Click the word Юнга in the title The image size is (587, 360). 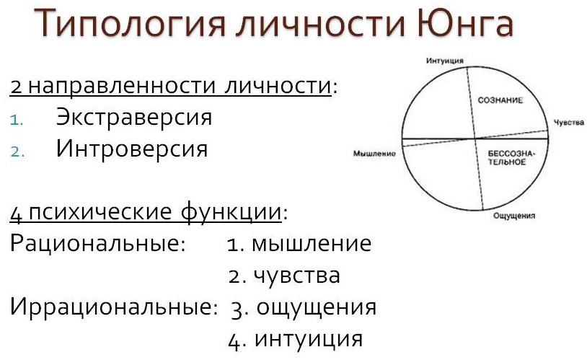[464, 22]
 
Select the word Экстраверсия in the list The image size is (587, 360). [134, 117]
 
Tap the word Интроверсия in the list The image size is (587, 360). [132, 149]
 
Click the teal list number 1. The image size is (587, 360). [17, 120]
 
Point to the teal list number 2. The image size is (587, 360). [17, 152]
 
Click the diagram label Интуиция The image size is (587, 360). [445, 61]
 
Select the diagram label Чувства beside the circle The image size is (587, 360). [569, 122]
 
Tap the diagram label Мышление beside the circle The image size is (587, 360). [374, 154]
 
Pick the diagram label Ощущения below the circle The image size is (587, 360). [514, 216]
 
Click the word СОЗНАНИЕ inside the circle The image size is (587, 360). [500, 100]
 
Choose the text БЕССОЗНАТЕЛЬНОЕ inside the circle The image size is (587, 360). [511, 158]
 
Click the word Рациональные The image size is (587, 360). [97, 243]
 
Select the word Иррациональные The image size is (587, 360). [114, 307]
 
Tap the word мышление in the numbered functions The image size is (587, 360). [312, 244]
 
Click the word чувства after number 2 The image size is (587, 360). [297, 276]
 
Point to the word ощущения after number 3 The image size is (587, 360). [317, 308]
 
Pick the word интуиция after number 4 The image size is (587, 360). [309, 339]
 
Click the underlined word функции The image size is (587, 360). [231, 212]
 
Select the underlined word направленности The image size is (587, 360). [122, 86]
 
